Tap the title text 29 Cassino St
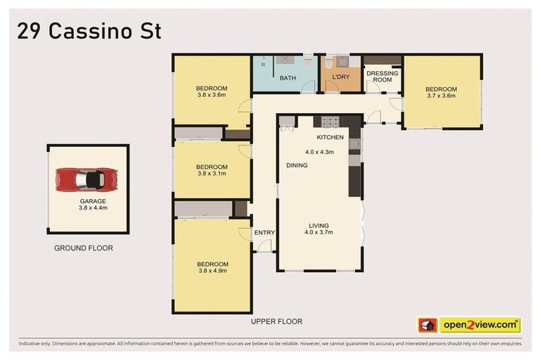point(89,32)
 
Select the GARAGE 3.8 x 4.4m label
point(93,205)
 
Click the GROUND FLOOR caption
point(84,248)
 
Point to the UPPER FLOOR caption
point(276,321)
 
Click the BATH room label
point(287,78)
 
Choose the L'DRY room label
point(341,78)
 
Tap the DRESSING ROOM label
point(382,77)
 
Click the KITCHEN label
point(330,137)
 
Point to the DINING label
point(296,165)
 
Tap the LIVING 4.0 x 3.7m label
point(319,230)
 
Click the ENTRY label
point(264,233)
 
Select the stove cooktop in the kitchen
point(330,121)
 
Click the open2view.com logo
point(480,325)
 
